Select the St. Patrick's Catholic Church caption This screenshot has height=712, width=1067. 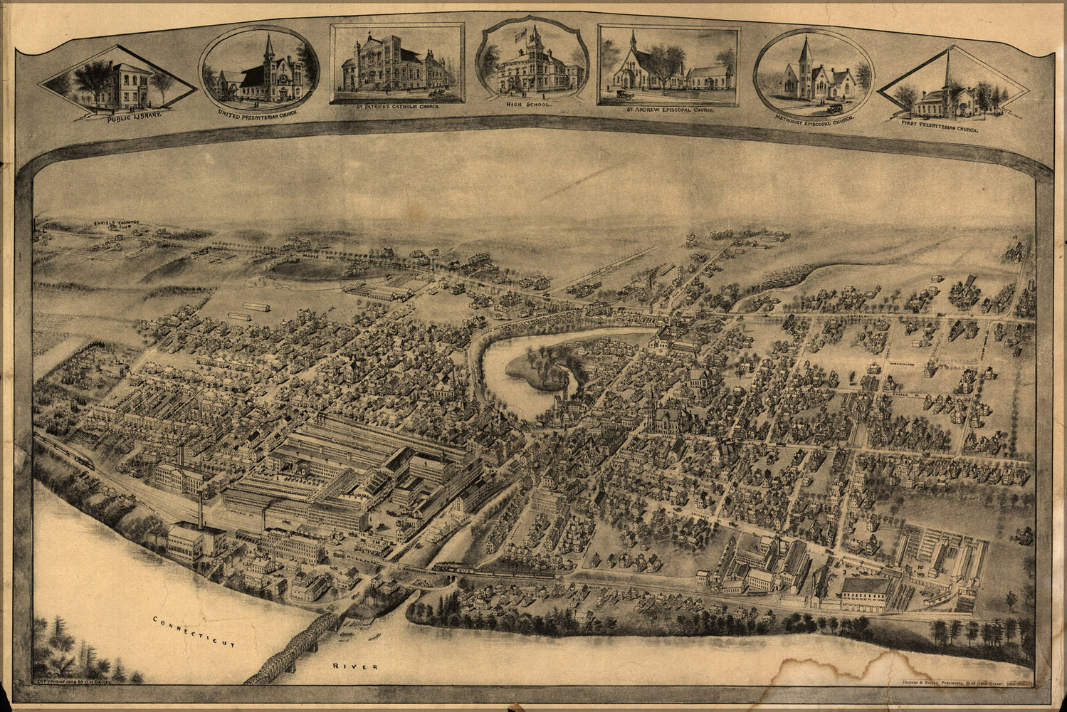[x=396, y=107]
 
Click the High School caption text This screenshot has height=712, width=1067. [x=528, y=104]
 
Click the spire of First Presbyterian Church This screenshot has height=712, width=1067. [x=948, y=68]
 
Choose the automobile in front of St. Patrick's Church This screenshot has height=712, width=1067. [x=435, y=92]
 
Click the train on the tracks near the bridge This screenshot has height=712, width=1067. [x=491, y=570]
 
